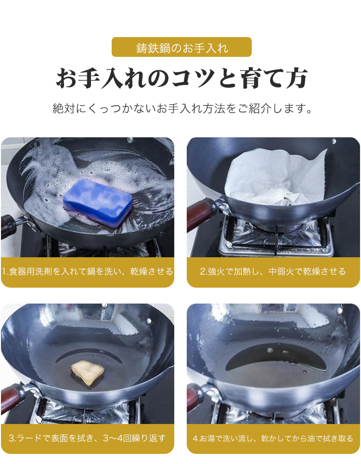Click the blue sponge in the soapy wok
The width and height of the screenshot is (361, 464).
(x=98, y=202)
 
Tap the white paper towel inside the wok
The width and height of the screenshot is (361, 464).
(x=275, y=177)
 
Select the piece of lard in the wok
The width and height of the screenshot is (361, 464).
(x=88, y=372)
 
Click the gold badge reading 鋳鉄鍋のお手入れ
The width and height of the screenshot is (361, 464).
(x=181, y=47)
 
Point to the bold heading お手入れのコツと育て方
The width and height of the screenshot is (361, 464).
(x=182, y=79)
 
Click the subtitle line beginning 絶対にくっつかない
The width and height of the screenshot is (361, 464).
(x=182, y=108)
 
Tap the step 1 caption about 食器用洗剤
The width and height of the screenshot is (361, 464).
(x=88, y=271)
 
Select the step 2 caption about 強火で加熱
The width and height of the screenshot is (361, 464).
(x=273, y=271)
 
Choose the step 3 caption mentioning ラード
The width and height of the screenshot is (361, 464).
(x=87, y=438)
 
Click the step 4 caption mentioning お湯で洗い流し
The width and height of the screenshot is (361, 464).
(x=273, y=438)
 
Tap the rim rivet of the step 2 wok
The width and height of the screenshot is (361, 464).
(x=334, y=141)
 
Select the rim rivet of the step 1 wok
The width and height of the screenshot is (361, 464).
(x=130, y=140)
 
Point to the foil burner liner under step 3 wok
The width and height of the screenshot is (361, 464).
(x=86, y=413)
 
